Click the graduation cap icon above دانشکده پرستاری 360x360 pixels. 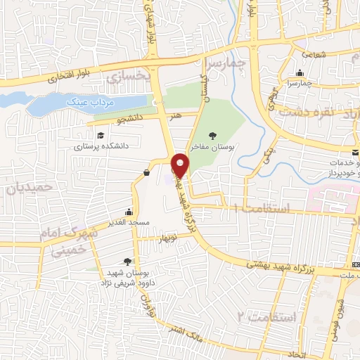(100, 135)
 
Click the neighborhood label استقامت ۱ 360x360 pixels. (261, 209)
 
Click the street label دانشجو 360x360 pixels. (131, 120)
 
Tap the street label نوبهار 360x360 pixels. (169, 237)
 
